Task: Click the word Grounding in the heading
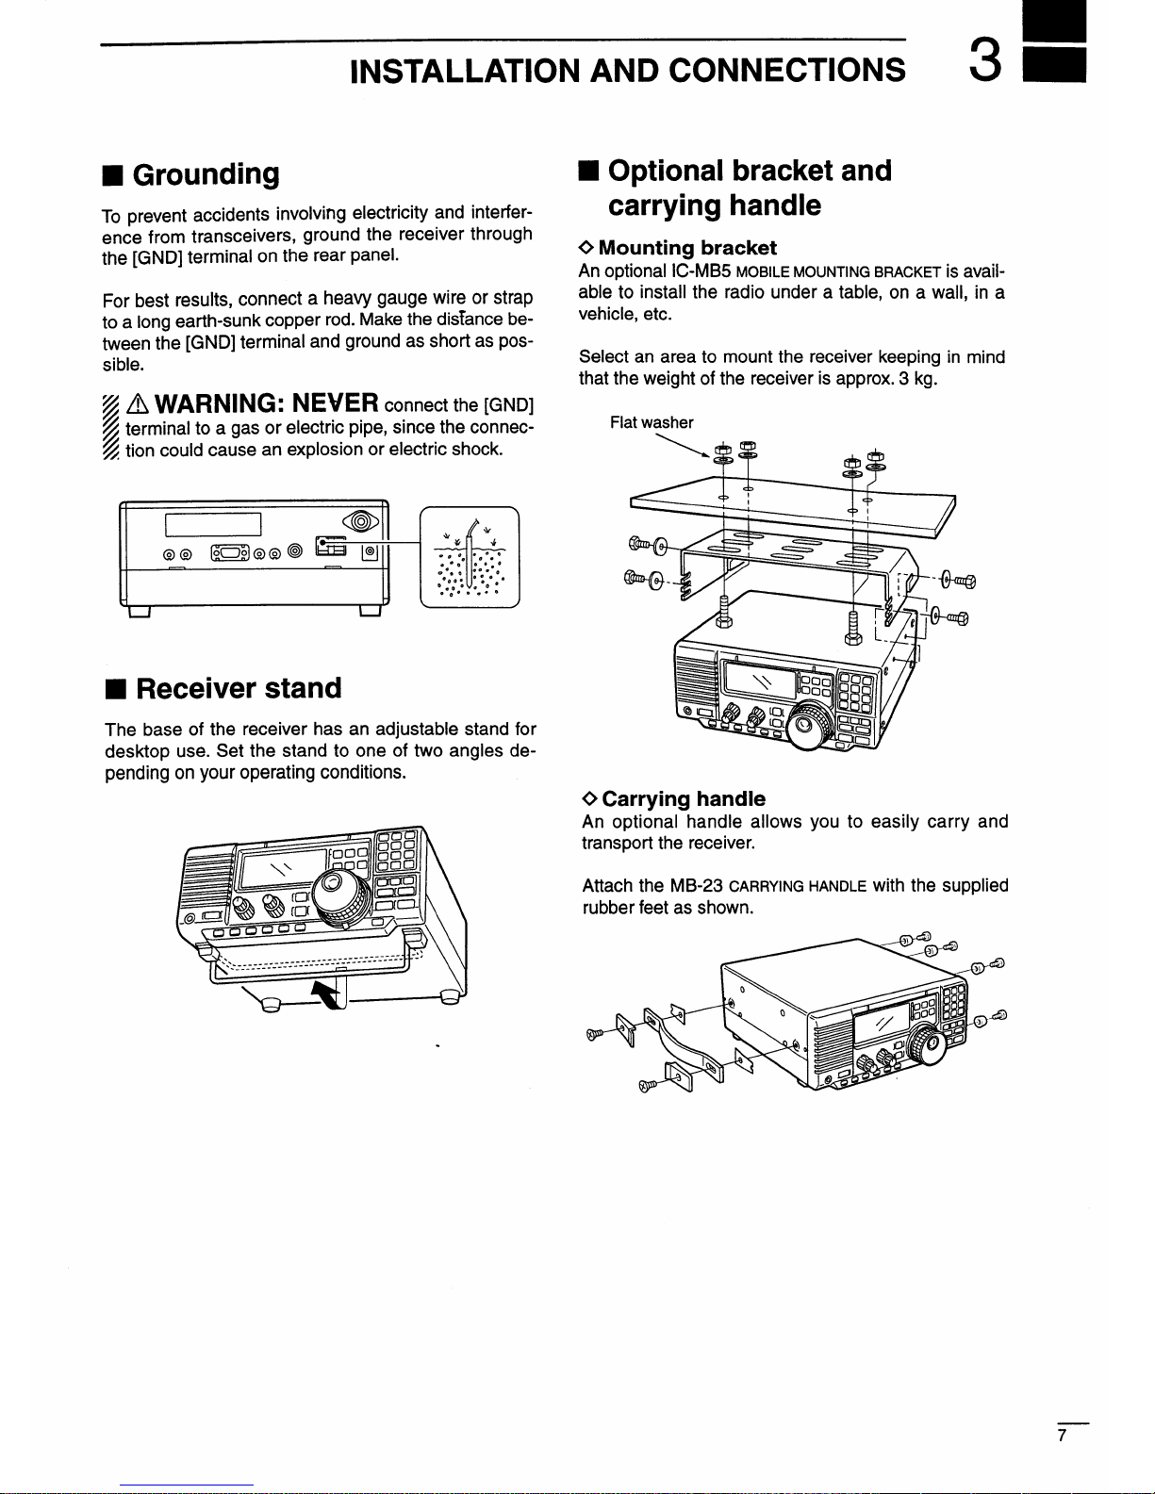[x=206, y=174]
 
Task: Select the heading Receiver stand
[x=239, y=688]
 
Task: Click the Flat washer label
[x=652, y=422]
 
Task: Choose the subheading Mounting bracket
[x=687, y=248]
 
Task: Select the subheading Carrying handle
[x=684, y=798]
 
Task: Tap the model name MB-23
[x=697, y=886]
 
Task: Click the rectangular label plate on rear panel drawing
[x=213, y=524]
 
